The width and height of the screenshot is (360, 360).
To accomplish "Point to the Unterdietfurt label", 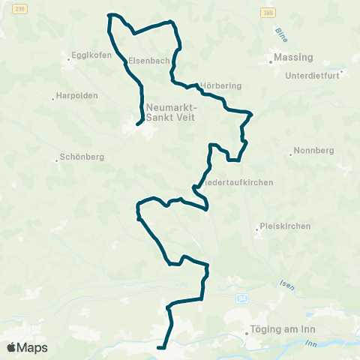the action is tap(313, 75).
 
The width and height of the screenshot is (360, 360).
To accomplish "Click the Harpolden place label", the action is tap(72, 96).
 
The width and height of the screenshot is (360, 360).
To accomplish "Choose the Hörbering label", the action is tap(221, 85).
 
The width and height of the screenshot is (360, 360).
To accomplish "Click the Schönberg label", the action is tap(80, 157).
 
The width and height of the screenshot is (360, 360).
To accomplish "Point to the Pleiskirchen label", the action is tap(284, 226).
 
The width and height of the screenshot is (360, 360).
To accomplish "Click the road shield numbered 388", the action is tap(268, 13).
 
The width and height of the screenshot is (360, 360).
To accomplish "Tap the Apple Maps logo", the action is tap(27, 347).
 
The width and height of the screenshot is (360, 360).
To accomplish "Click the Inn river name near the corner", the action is tap(310, 343).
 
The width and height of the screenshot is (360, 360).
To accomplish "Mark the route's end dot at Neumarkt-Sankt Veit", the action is tap(139, 124).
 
